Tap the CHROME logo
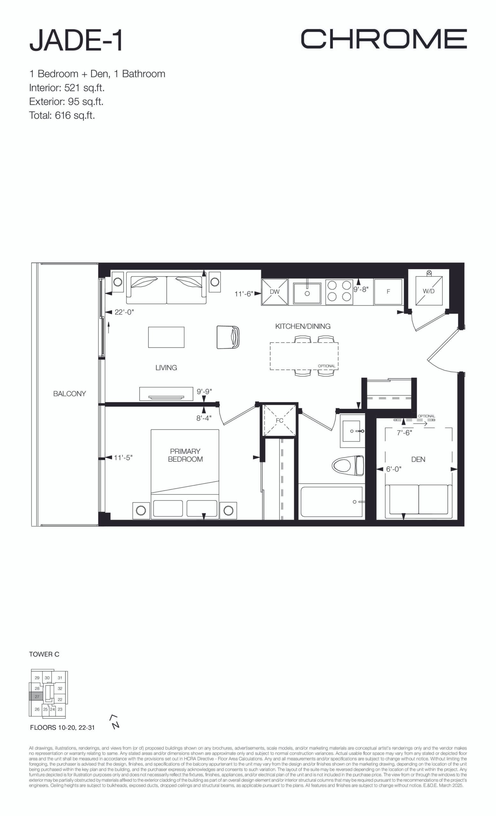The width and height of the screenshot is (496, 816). (x=384, y=39)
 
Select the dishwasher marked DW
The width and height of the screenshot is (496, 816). (x=275, y=292)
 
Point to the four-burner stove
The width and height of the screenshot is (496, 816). (x=339, y=291)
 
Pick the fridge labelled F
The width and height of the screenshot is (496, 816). (x=388, y=292)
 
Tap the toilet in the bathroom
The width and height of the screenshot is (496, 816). (x=348, y=466)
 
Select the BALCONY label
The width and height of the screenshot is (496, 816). (x=70, y=394)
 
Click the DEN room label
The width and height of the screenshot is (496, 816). (x=418, y=459)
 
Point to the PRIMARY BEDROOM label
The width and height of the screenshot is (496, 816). (x=185, y=455)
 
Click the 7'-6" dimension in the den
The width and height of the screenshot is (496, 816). (x=404, y=433)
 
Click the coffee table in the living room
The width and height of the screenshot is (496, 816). (x=166, y=337)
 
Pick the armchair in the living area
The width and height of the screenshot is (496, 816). (x=228, y=337)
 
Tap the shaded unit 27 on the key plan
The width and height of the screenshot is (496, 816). (x=37, y=696)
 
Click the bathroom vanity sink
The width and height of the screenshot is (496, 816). (x=352, y=431)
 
